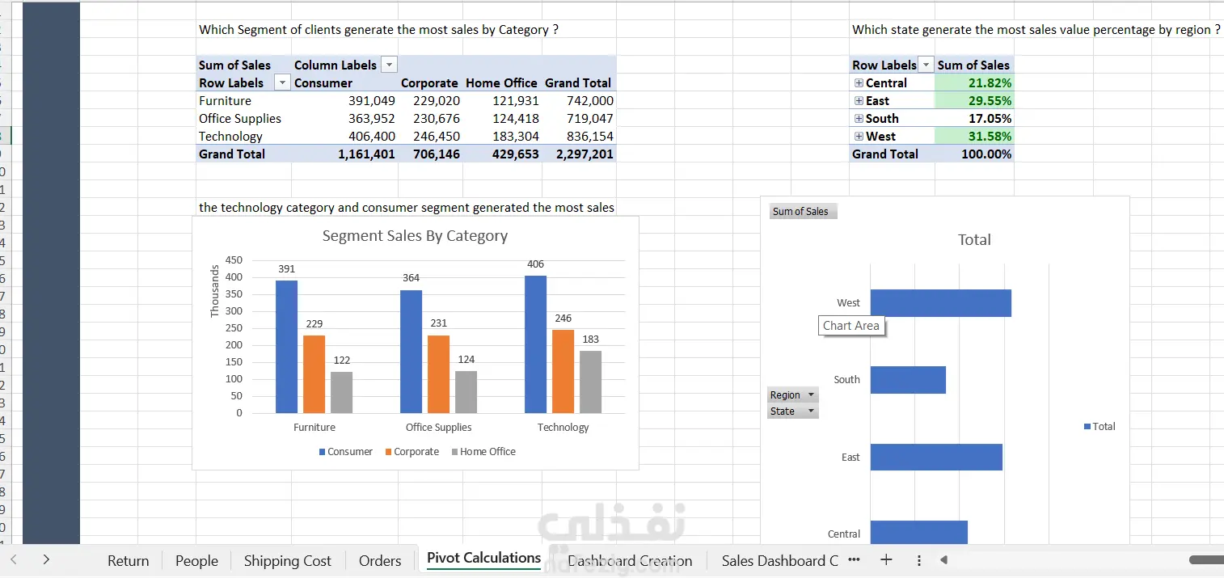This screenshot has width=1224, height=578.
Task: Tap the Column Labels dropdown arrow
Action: pos(389,65)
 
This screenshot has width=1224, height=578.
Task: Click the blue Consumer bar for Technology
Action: pos(535,344)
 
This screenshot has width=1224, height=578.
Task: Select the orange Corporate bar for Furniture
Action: pos(314,373)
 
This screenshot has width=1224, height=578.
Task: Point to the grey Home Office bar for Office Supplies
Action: pos(466,392)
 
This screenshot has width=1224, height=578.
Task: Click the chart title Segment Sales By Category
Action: pos(415,236)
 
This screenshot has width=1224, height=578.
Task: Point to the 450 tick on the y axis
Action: pos(234,260)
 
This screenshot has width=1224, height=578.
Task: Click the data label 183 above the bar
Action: pos(590,340)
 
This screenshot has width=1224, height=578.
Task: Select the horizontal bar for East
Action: pos(935,458)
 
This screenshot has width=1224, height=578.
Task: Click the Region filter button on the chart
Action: pos(792,395)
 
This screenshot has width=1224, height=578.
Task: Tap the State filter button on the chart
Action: pos(792,411)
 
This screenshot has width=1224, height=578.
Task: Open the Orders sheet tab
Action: pos(379,561)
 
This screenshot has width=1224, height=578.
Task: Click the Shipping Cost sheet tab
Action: pos(287,561)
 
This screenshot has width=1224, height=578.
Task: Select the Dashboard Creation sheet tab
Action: pos(630,561)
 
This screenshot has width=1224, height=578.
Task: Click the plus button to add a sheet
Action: pos(886,560)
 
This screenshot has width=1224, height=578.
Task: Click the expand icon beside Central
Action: pos(859,83)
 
